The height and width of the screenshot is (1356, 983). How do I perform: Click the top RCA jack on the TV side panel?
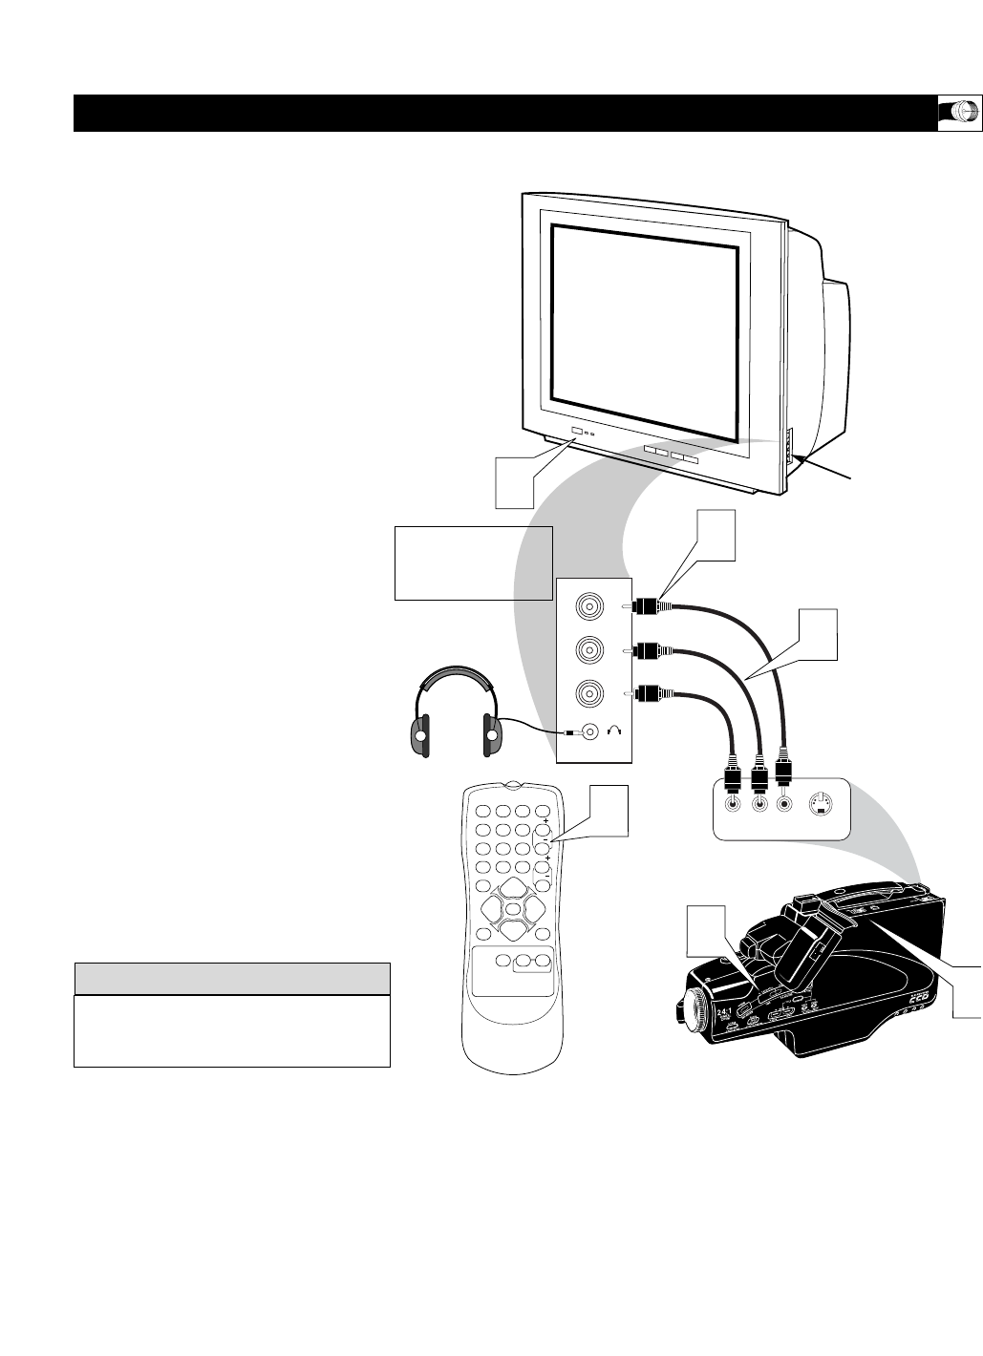(588, 606)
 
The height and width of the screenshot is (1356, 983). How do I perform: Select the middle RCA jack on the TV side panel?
(588, 650)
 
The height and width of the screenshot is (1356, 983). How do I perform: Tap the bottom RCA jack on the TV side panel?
(588, 692)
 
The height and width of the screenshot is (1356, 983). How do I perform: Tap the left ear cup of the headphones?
(418, 732)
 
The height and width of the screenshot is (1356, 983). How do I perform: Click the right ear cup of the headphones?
(491, 732)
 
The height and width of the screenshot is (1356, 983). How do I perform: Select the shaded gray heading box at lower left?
(232, 979)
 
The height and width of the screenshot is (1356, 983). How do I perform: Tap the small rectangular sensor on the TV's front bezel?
(575, 433)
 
